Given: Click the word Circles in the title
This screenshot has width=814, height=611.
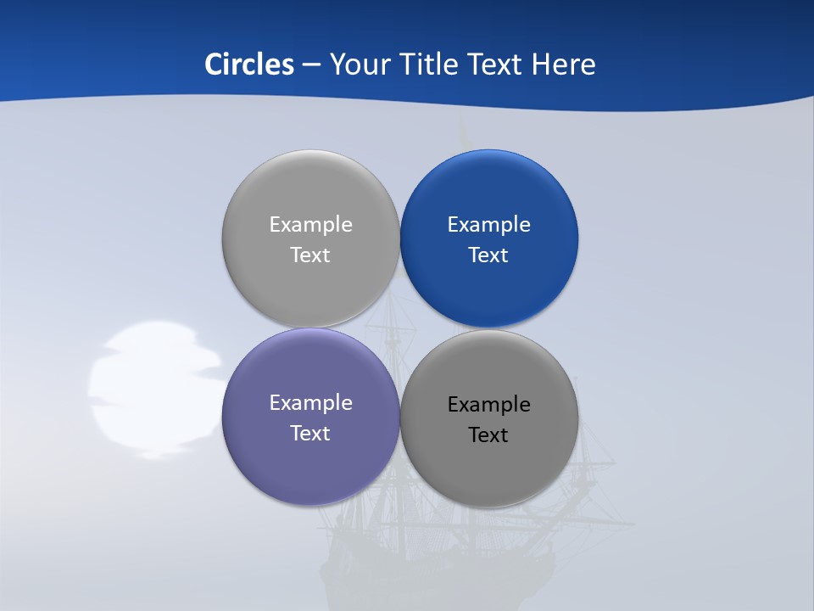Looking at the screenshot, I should [248, 64].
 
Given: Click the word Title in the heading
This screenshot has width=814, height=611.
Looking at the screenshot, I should [429, 64].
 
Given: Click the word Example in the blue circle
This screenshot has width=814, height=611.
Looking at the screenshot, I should [489, 225].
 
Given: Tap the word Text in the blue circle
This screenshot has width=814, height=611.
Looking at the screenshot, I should [489, 255].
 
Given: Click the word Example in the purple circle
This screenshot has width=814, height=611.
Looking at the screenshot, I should [310, 403].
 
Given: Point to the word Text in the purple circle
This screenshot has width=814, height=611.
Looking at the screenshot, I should [310, 434].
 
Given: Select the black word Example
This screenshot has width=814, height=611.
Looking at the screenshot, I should [489, 405].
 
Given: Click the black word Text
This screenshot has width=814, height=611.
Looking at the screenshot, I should [489, 435].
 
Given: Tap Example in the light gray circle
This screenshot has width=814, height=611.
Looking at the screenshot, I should [310, 225].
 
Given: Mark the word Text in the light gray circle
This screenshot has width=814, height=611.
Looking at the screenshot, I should [310, 255].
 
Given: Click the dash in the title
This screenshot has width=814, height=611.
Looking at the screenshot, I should [311, 65].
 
